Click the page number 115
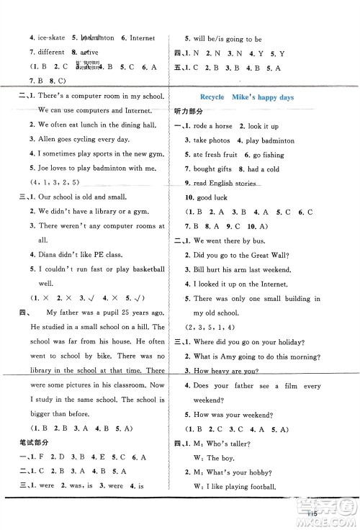[312, 512]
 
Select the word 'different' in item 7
[51, 53]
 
